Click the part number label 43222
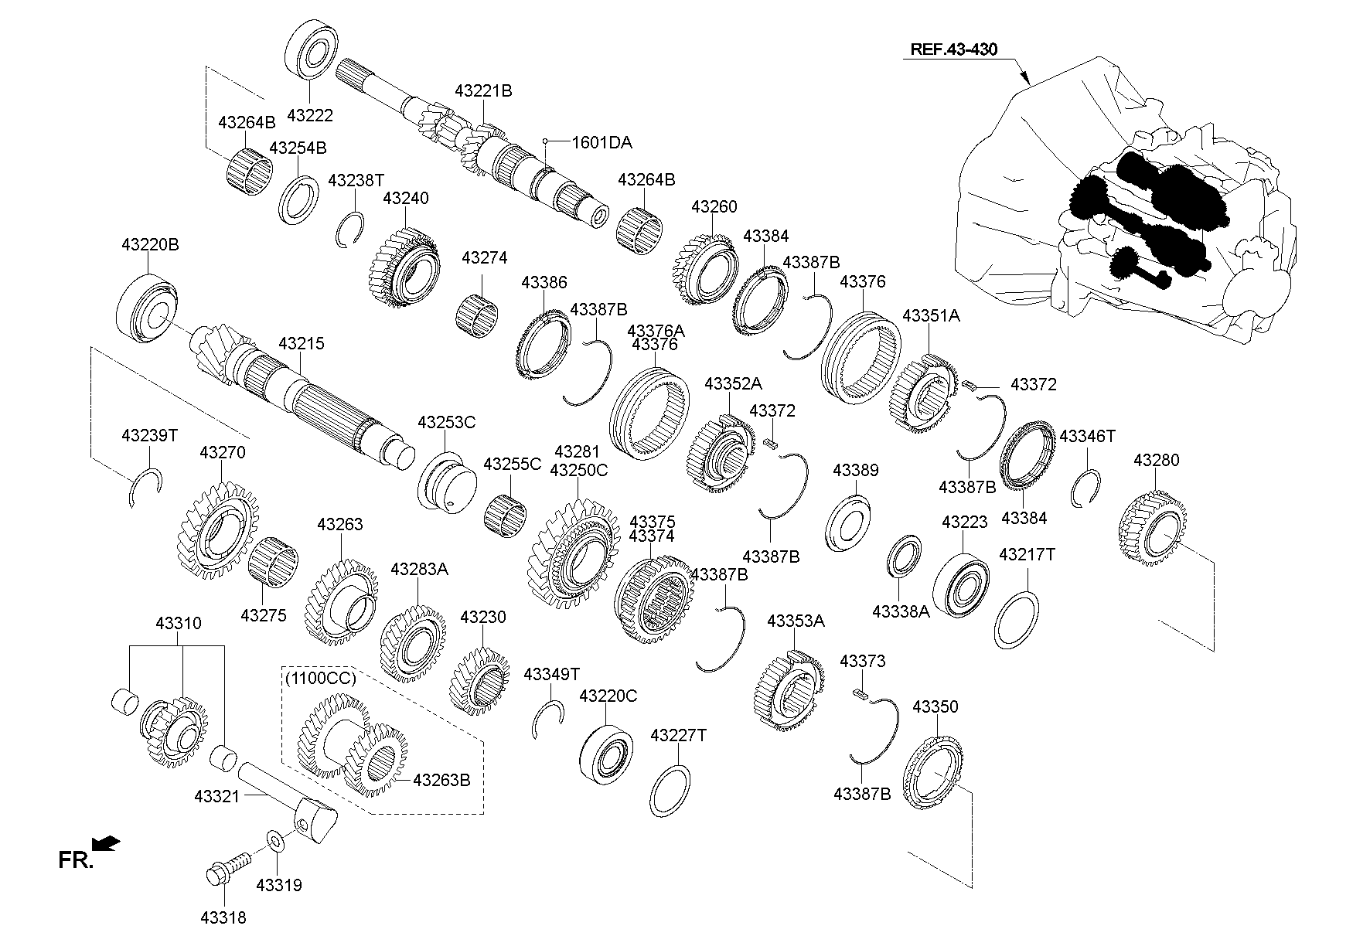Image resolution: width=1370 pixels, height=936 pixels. [x=309, y=115]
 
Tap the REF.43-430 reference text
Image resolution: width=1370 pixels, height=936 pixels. [x=953, y=49]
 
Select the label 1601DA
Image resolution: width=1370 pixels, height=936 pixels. [x=602, y=143]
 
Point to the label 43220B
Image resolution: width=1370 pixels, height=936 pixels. [x=150, y=245]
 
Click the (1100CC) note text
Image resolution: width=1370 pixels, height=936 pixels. [x=320, y=679]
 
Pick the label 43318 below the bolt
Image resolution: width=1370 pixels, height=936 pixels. [x=223, y=917]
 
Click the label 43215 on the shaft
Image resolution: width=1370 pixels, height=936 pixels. [x=302, y=344]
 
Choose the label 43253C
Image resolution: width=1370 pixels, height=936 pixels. [x=446, y=423]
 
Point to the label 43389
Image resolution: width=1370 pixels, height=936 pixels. [x=855, y=471]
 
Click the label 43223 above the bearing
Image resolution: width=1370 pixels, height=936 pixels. [x=964, y=522]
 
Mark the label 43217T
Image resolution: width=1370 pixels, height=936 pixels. [x=1027, y=555]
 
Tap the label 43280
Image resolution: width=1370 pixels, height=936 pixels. [x=1156, y=461]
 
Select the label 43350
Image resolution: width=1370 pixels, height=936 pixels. [x=935, y=706]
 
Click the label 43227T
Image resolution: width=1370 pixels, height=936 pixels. [x=678, y=735]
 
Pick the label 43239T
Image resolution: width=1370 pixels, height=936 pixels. [x=149, y=436]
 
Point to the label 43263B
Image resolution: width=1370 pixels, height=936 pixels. [x=441, y=780]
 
